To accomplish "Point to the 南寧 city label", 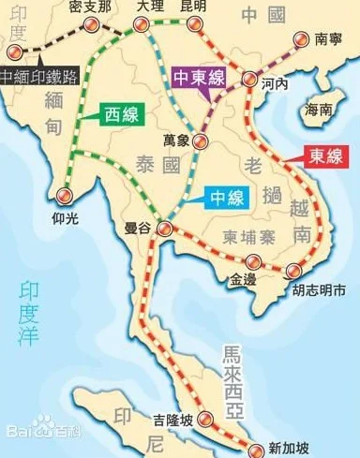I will click(328, 39).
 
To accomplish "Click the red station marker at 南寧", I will click(301, 39).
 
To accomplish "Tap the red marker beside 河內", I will click(248, 81).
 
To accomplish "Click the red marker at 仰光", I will click(63, 195).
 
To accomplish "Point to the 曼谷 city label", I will click(138, 227).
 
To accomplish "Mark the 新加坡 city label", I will click(285, 448).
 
